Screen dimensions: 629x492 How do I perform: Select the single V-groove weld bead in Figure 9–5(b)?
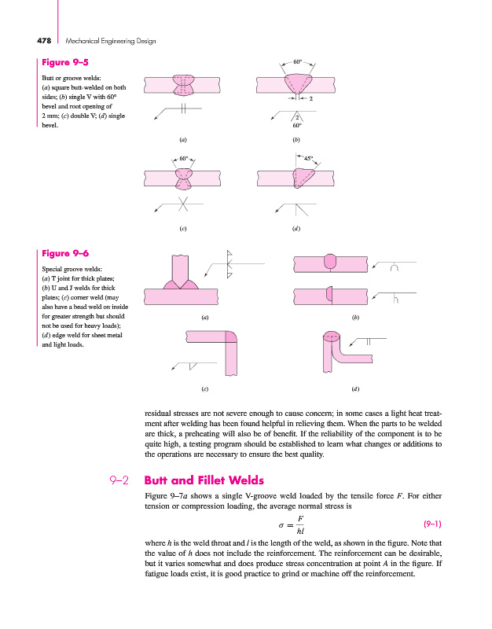click(x=297, y=83)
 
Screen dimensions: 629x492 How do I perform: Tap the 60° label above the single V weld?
click(x=297, y=60)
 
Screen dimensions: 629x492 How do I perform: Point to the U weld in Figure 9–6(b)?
click(x=330, y=261)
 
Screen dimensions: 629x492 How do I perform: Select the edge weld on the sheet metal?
click(x=331, y=339)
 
